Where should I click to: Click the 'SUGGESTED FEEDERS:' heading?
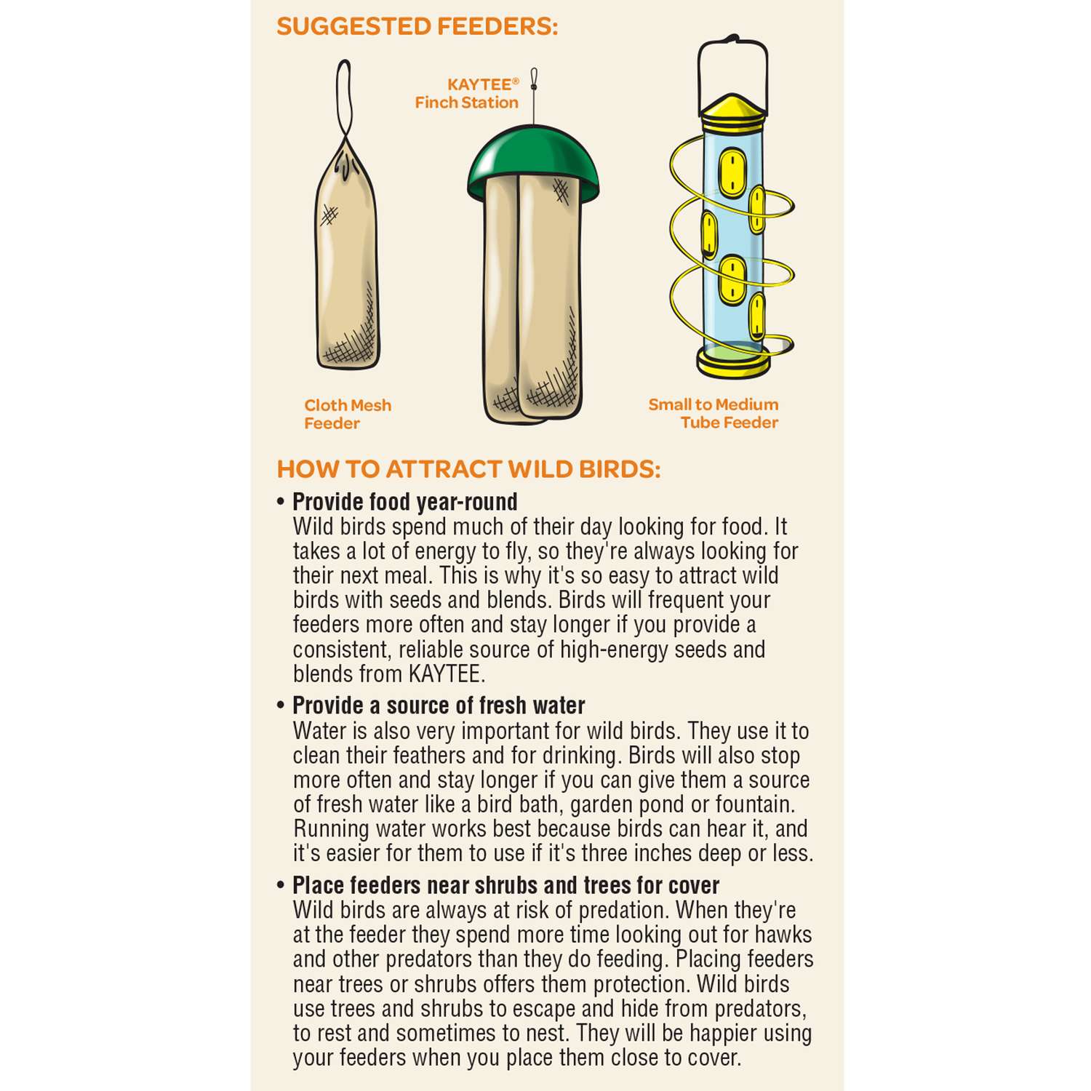coord(417,27)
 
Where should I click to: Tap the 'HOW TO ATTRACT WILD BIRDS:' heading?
coord(469,469)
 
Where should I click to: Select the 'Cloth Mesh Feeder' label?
coord(348,414)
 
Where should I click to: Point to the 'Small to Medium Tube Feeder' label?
coord(714,413)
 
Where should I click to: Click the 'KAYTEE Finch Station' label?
coord(467,94)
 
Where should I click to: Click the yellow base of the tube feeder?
coord(733,361)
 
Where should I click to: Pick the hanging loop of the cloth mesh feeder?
coord(345,102)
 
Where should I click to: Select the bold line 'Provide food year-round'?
coord(405,502)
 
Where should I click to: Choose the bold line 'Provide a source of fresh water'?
coord(439,706)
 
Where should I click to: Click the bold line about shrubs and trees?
coord(505,885)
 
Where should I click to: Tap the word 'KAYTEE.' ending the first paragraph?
coord(447,674)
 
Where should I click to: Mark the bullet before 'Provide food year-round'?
coord(281,502)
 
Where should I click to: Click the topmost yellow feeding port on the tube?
coord(732,172)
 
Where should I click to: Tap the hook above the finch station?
coord(534,79)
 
